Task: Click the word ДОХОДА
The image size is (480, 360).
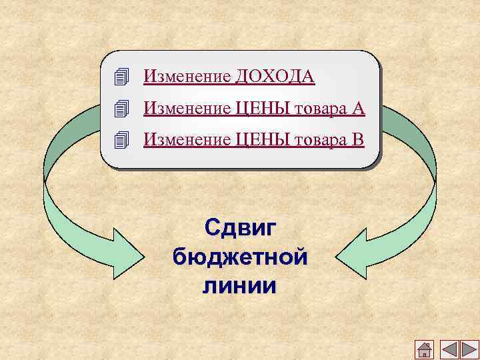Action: coord(274,77)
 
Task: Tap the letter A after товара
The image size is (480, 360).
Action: coord(358,107)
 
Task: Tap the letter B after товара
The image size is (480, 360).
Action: coord(358,139)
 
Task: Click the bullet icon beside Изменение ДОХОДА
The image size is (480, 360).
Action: coord(121,77)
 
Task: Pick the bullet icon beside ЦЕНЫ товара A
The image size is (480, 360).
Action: coord(121,108)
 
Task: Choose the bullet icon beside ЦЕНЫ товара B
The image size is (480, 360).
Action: coord(121,139)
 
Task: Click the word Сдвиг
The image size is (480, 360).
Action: coord(240,227)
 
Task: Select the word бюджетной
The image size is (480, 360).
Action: coord(240,257)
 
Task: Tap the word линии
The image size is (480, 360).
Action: coord(240,286)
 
